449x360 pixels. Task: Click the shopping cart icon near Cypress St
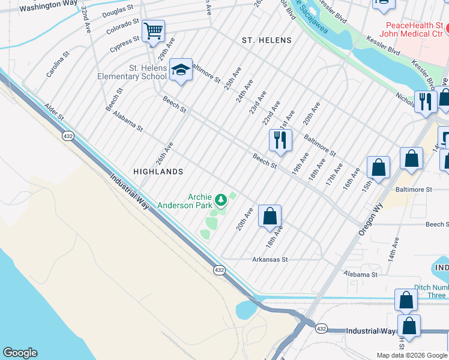[x=153, y=30]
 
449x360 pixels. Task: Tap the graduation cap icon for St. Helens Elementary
[x=180, y=70]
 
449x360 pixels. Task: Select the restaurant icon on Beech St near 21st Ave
[x=280, y=140]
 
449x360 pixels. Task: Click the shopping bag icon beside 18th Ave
[x=270, y=215]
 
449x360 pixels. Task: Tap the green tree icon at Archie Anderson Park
[x=221, y=198]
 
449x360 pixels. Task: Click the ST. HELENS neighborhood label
[x=266, y=40]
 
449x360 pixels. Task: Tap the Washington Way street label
[x=39, y=6]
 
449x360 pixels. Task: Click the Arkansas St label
[x=270, y=260]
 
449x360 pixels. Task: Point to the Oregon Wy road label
[x=371, y=218]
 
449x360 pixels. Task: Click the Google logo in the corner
[x=20, y=353]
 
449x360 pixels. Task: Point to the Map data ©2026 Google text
[x=411, y=355]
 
